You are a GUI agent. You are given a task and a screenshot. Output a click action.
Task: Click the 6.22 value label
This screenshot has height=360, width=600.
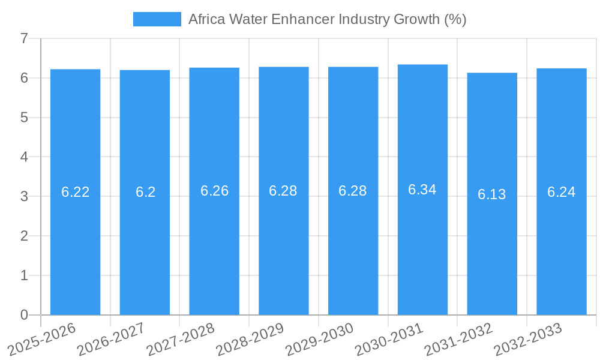75,192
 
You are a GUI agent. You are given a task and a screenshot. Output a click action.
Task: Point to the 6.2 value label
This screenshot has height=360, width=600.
145,192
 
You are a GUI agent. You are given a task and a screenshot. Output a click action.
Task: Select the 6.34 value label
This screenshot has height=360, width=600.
422,190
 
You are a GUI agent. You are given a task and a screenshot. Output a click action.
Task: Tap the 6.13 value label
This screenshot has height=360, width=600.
492,194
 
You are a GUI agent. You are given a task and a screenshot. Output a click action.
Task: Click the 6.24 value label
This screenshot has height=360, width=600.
561,192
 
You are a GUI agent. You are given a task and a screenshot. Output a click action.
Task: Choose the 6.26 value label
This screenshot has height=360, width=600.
214,191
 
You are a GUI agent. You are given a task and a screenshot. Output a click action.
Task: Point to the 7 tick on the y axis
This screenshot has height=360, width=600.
24,38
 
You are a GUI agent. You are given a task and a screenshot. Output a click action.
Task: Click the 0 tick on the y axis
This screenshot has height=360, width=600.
24,315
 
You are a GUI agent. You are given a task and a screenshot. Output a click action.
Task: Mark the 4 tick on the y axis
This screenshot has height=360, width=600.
24,157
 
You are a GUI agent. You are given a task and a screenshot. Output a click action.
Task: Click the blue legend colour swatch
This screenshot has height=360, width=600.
157,19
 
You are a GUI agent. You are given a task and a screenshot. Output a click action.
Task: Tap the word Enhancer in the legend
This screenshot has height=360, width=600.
303,19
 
